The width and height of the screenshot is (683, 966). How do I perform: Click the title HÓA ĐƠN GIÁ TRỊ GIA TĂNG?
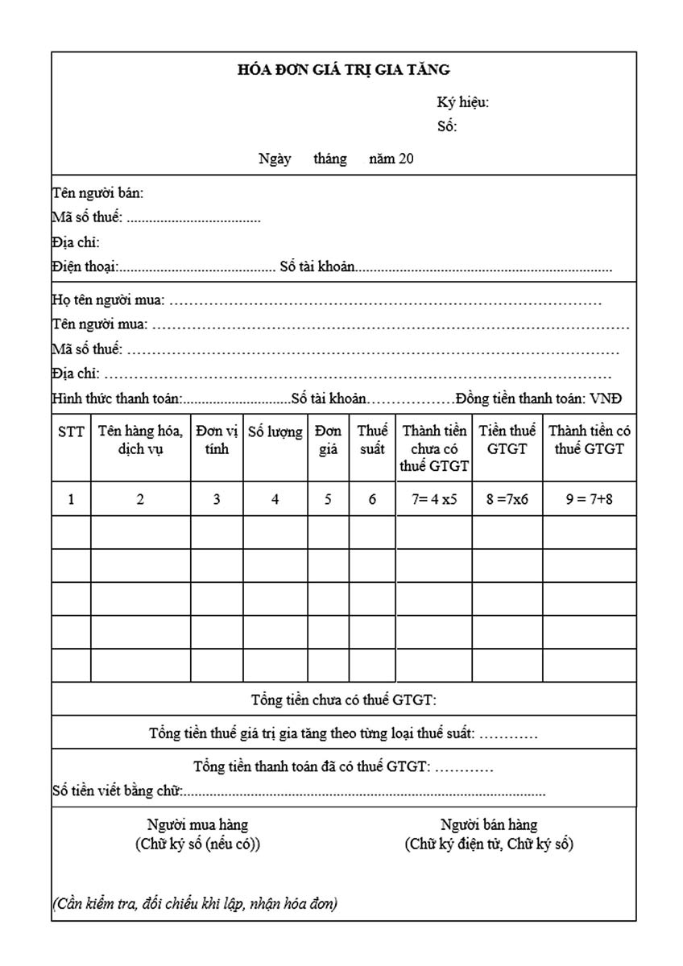coord(343,70)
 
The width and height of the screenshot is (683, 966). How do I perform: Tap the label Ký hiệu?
coord(462,102)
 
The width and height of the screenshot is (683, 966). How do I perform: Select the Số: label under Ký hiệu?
coord(447,126)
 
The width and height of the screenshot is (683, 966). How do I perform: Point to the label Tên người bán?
coord(97,193)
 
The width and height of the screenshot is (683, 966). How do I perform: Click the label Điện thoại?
coord(85,266)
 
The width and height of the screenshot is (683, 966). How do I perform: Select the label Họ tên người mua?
coord(108,300)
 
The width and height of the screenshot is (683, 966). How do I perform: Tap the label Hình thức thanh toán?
coord(118,398)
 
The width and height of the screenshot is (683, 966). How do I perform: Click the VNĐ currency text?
coord(606,398)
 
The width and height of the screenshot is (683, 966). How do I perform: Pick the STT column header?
coord(71,432)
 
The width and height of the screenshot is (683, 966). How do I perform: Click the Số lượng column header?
coord(275,432)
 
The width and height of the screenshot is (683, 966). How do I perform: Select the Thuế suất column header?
coord(372,440)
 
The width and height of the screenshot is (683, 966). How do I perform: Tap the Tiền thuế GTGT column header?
coord(507,440)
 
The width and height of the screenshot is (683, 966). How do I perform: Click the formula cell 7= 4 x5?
coord(433,499)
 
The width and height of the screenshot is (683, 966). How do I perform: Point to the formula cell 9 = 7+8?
coord(589,499)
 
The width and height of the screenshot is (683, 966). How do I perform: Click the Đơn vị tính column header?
coord(217,440)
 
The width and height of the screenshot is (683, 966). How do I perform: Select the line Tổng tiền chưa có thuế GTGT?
coord(344,700)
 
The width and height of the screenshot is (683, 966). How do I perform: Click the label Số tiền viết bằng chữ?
coord(118,791)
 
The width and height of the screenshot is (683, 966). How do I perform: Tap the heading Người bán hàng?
coord(489,824)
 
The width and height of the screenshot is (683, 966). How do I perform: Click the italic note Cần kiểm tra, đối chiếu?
coord(195,903)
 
